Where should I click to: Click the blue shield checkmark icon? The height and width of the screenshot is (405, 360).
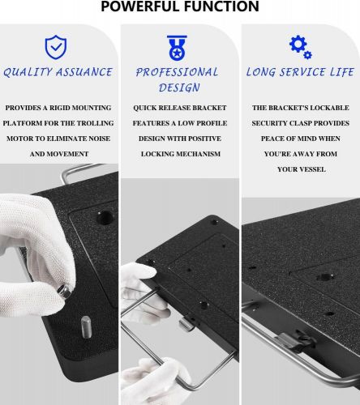[x=56, y=47]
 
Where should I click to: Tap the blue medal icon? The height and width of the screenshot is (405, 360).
[x=177, y=48]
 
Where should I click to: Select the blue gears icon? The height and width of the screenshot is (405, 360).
[x=300, y=47]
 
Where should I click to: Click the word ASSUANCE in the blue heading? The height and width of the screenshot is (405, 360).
[x=84, y=72]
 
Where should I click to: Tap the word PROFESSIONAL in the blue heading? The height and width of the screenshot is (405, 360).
[x=177, y=72]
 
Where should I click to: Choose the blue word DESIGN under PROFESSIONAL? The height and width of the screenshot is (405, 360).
[x=179, y=87]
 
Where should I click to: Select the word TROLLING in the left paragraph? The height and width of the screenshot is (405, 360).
[x=95, y=123]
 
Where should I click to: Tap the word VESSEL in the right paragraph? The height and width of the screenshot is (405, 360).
[x=311, y=169]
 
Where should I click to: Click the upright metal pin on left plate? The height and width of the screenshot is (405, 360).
[x=86, y=326]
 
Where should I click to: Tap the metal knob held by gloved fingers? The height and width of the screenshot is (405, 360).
[x=64, y=291]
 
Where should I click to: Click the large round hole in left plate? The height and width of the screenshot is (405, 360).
[x=105, y=218]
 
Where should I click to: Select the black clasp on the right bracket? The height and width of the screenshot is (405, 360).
[x=297, y=342]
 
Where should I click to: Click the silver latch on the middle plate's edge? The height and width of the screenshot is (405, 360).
[x=186, y=323]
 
